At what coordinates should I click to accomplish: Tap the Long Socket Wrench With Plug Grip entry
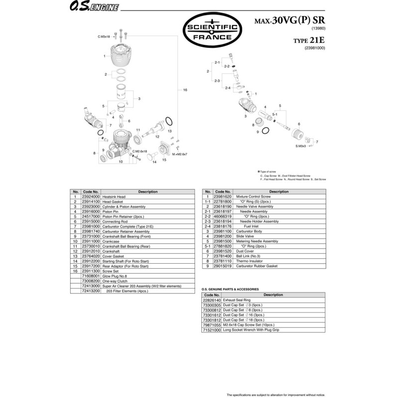click(x=252, y=330)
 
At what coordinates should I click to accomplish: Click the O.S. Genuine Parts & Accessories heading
click(x=230, y=289)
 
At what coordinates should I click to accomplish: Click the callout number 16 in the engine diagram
click(x=185, y=90)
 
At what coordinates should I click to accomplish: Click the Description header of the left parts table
click(x=148, y=192)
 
